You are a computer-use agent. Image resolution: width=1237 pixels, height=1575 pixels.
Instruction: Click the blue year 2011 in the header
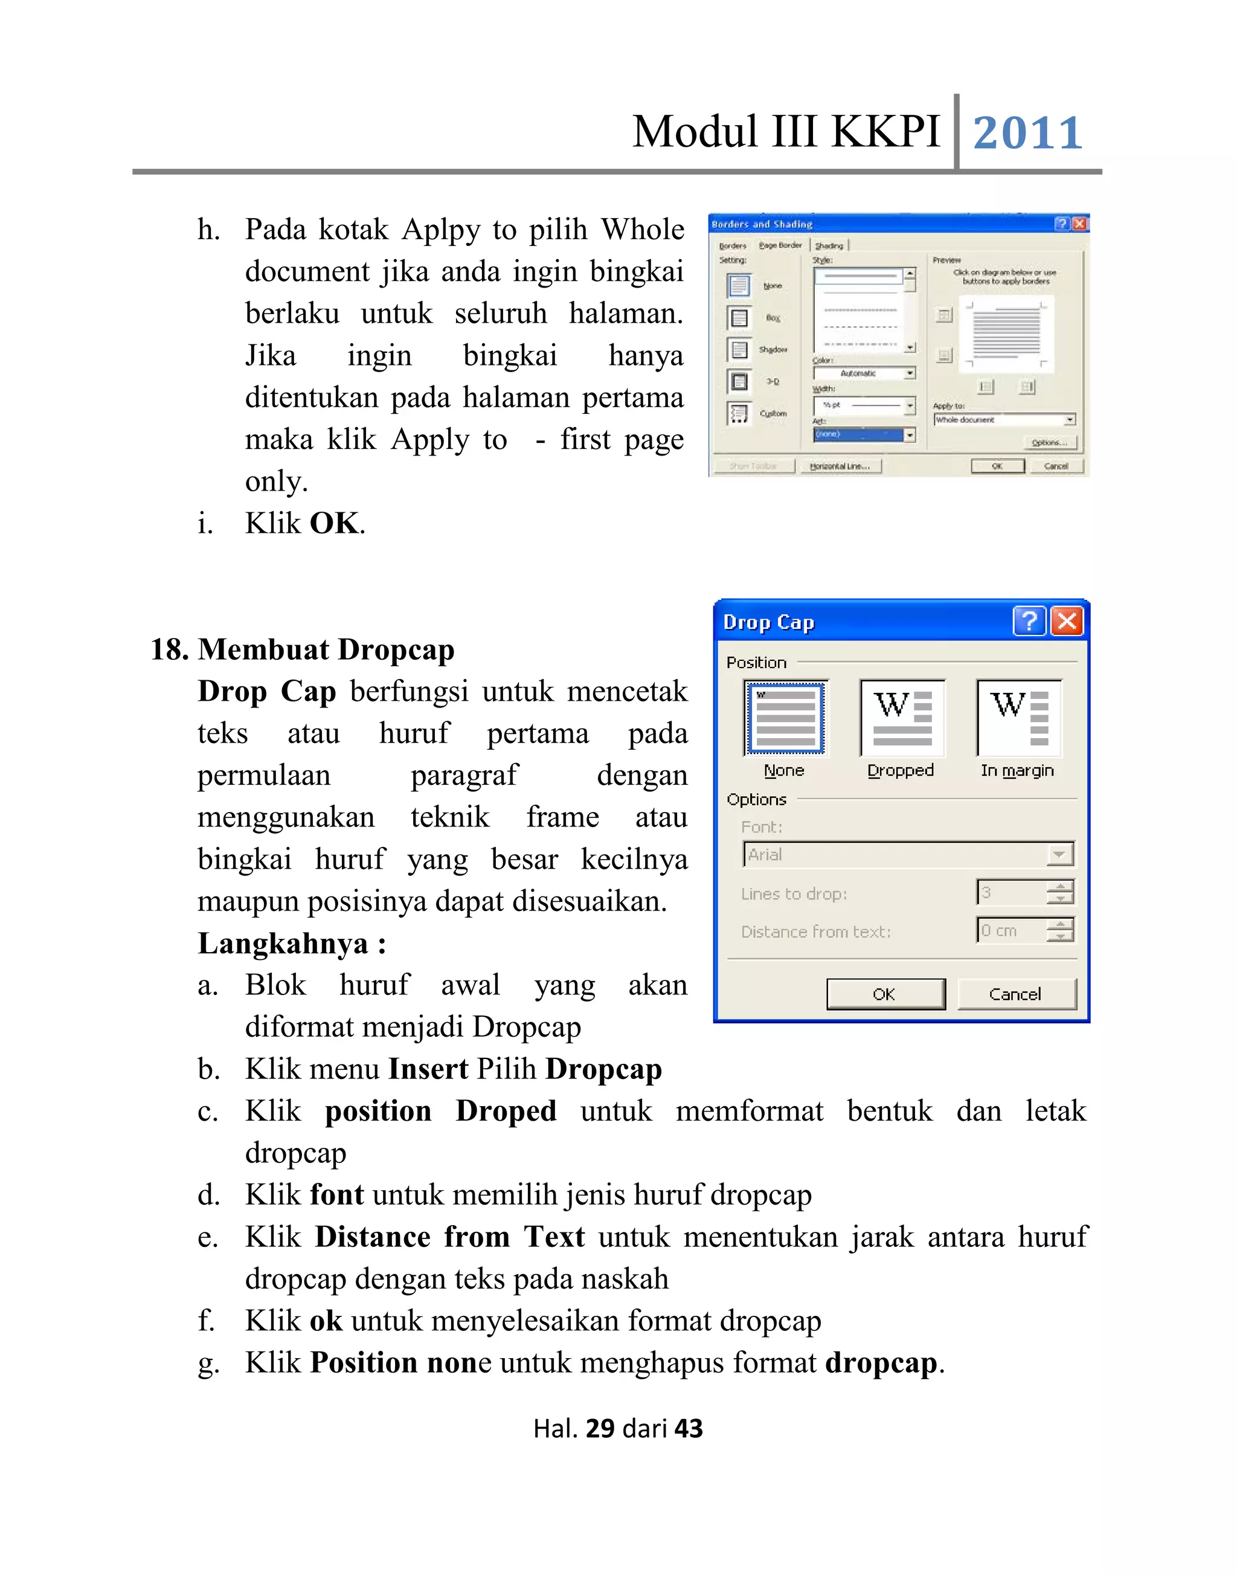[x=1026, y=134]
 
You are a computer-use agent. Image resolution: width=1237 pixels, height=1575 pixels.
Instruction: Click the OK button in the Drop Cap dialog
[x=885, y=994]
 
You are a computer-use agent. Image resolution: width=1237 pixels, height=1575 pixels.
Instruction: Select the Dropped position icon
[x=902, y=719]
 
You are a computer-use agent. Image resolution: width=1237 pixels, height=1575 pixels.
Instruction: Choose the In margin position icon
[x=1018, y=719]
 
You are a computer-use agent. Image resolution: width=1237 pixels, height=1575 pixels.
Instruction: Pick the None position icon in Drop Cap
[x=785, y=719]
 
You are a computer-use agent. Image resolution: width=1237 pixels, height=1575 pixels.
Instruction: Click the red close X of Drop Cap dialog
[x=1067, y=622]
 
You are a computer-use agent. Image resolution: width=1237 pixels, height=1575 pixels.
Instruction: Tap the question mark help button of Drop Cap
[x=1029, y=622]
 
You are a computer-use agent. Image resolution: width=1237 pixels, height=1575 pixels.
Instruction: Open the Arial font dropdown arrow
[x=1059, y=855]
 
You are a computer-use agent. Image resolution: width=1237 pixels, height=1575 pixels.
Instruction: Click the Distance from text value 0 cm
[x=1000, y=931]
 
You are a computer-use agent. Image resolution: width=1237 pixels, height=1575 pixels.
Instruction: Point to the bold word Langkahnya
[x=283, y=944]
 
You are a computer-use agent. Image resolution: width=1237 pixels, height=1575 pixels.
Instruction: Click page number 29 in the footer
[x=600, y=1429]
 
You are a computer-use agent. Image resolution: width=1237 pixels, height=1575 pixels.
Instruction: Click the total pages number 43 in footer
[x=688, y=1429]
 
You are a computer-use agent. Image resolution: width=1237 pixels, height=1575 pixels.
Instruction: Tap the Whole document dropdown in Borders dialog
[x=1004, y=420]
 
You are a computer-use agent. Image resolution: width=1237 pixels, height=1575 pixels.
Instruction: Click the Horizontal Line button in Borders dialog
[x=840, y=466]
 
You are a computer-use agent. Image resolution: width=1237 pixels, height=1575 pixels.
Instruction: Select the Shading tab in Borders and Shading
[x=829, y=246]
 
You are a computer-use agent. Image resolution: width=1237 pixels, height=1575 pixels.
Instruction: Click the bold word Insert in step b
[x=428, y=1069]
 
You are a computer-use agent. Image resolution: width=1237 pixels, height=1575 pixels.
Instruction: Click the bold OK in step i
[x=334, y=524]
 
